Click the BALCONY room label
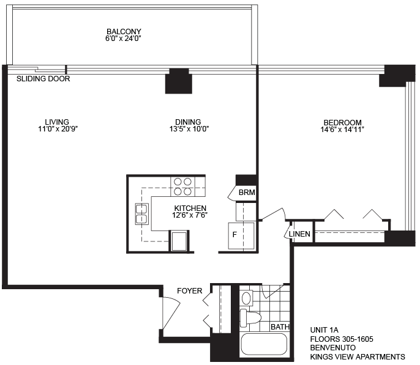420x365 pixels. pos(124,32)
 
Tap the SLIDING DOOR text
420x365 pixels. pos(43,79)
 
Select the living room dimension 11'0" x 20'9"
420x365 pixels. pos(58,129)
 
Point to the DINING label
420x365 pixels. pos(188,122)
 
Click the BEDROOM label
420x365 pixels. pos(343,122)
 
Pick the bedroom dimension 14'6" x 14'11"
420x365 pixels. pos(342,130)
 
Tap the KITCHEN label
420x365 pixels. pos(190,208)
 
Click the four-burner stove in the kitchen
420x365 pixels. pos(182,186)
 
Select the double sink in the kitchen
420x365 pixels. pos(141,214)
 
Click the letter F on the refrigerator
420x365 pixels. pos(234,235)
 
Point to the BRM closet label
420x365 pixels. pos(247,192)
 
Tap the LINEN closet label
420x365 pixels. pos(299,234)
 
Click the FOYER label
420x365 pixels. pos(190,290)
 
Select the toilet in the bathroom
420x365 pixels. pos(250,318)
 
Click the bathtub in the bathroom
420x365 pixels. pos(264,344)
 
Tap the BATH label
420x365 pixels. pos(280,326)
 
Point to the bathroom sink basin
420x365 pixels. pos(246,298)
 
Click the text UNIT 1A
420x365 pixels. pos(324,330)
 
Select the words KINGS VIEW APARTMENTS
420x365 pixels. pos(358,356)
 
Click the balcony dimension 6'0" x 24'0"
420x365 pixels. pos(123,39)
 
